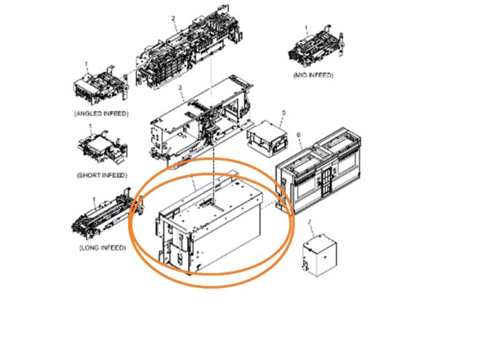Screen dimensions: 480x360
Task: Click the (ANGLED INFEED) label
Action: coord(101,113)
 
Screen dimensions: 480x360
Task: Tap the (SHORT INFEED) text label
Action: coord(102,175)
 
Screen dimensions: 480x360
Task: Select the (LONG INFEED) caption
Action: coord(103,247)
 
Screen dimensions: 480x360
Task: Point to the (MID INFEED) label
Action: coord(313,75)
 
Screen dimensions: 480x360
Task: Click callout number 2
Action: coord(173,19)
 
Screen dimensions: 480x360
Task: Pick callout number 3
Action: coord(180,88)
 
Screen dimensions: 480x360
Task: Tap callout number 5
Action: coord(283,112)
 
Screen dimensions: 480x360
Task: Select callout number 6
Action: coord(298,135)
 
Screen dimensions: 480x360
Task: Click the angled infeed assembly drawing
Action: coord(100,83)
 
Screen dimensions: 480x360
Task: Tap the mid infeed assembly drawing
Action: coord(315,46)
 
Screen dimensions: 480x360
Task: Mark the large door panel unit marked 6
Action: coord(318,170)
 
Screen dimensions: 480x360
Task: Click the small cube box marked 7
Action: coord(320,255)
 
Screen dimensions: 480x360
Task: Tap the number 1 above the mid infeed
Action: coord(306,28)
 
